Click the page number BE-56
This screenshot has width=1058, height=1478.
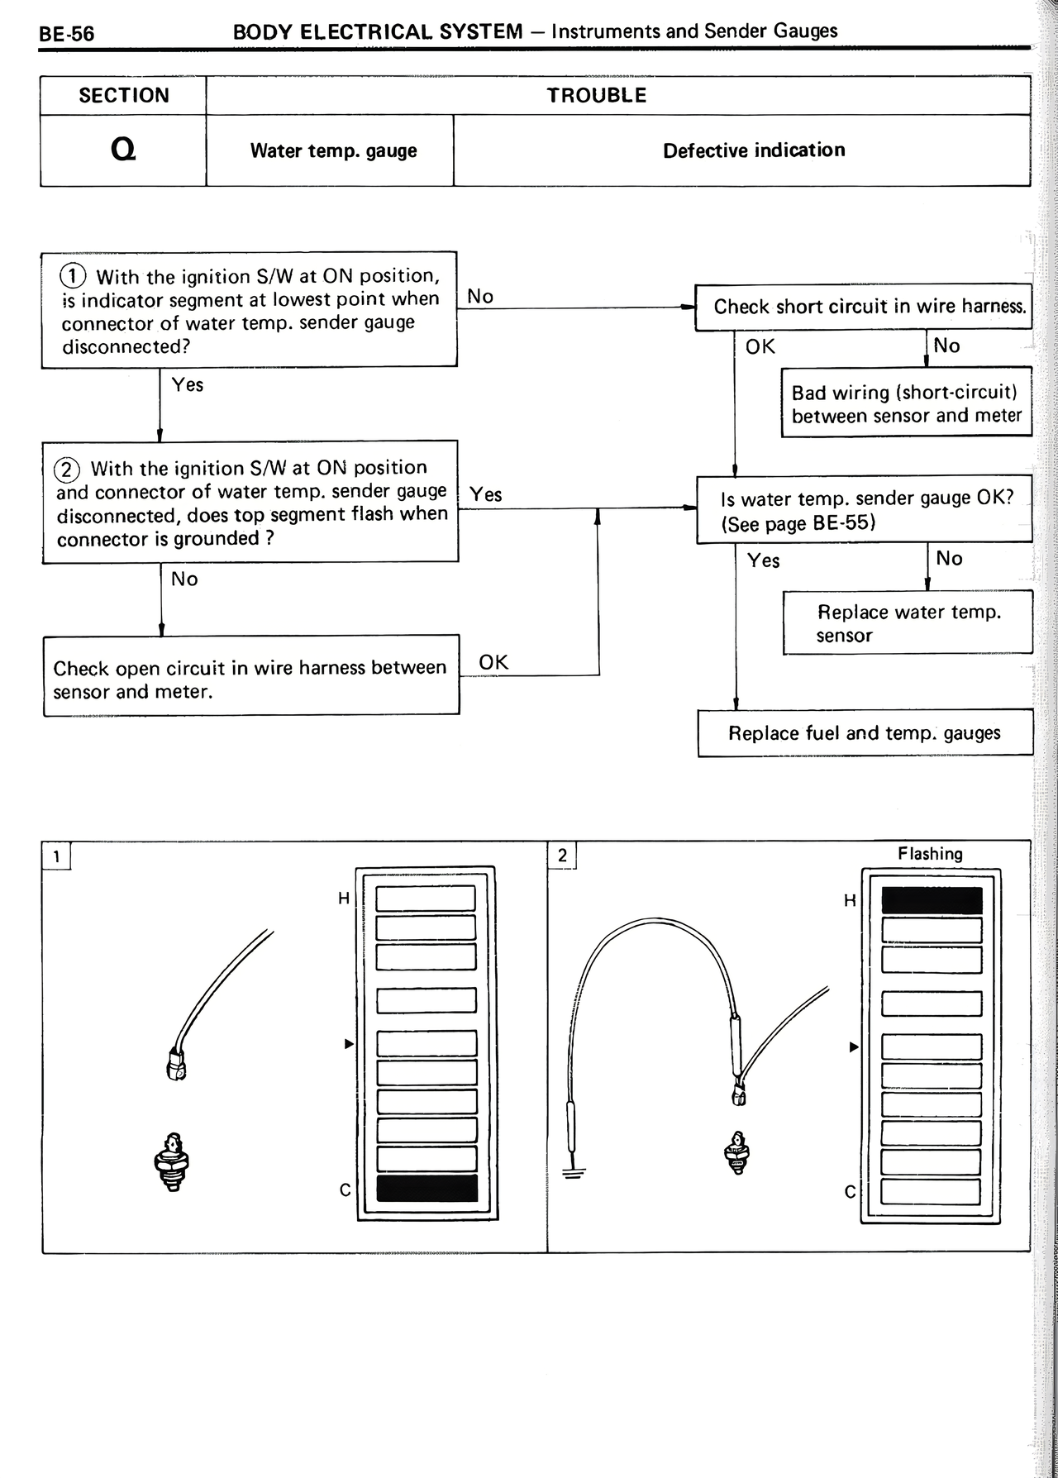[x=67, y=34]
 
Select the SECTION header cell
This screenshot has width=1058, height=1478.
[x=123, y=96]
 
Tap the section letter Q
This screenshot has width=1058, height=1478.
[x=123, y=150]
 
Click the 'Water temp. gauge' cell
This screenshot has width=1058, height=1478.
[x=333, y=151]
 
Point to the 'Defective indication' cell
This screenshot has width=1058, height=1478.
[x=754, y=150]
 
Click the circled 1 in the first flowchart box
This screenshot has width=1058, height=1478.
[x=74, y=275]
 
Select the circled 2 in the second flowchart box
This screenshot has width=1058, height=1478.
[x=66, y=469]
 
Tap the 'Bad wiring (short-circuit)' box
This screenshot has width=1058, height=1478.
[x=907, y=403]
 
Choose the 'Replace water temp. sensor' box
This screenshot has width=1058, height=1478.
[x=908, y=623]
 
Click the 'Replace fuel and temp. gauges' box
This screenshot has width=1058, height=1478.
[x=865, y=733]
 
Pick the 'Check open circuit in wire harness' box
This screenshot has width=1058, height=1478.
[x=250, y=679]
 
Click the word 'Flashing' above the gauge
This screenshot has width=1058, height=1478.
[x=930, y=854]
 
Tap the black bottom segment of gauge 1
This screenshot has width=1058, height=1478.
[x=427, y=1189]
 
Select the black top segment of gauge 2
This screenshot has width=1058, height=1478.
[x=932, y=901]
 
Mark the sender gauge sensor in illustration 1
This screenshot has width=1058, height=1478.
[x=171, y=1161]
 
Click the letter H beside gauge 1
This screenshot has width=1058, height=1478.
[x=344, y=899]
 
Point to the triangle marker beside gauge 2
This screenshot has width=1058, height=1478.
[x=855, y=1047]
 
